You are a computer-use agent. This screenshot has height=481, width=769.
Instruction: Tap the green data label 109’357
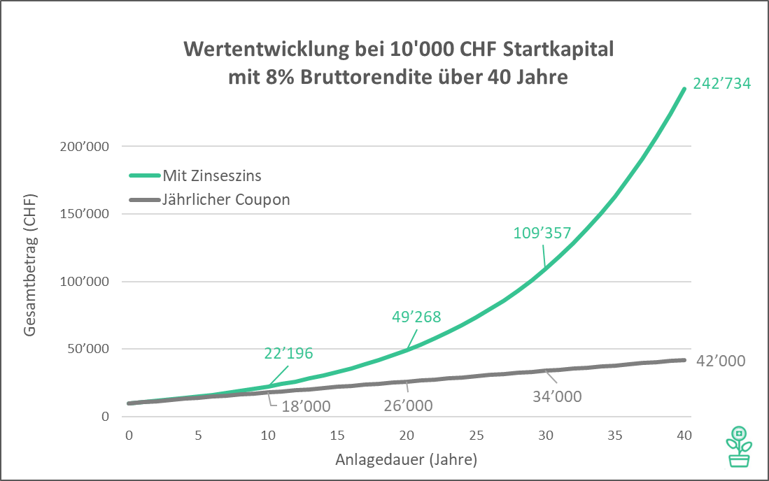(543, 233)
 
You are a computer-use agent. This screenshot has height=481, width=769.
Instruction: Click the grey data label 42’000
(721, 361)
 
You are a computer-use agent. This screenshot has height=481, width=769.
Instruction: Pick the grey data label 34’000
(558, 396)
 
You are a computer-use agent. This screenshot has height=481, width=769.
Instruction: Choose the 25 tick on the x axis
(476, 436)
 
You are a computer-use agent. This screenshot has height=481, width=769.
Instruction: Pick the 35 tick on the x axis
(615, 436)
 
